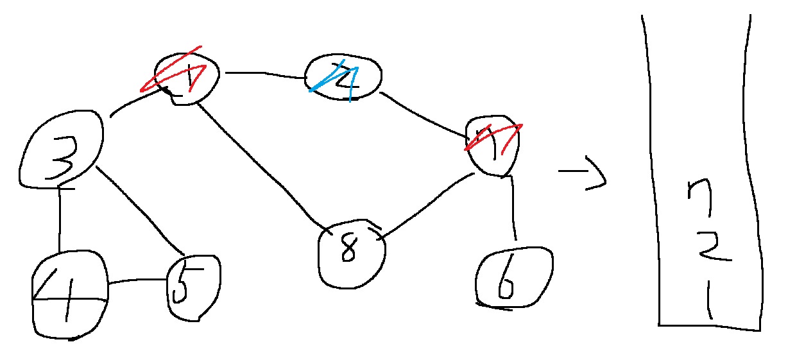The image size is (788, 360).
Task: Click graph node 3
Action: tap(62, 150)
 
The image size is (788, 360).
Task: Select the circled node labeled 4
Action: tap(69, 296)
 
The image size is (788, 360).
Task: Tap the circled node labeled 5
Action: tap(192, 287)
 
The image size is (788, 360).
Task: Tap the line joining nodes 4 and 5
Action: tap(137, 282)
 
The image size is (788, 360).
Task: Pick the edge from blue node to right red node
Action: tap(427, 116)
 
